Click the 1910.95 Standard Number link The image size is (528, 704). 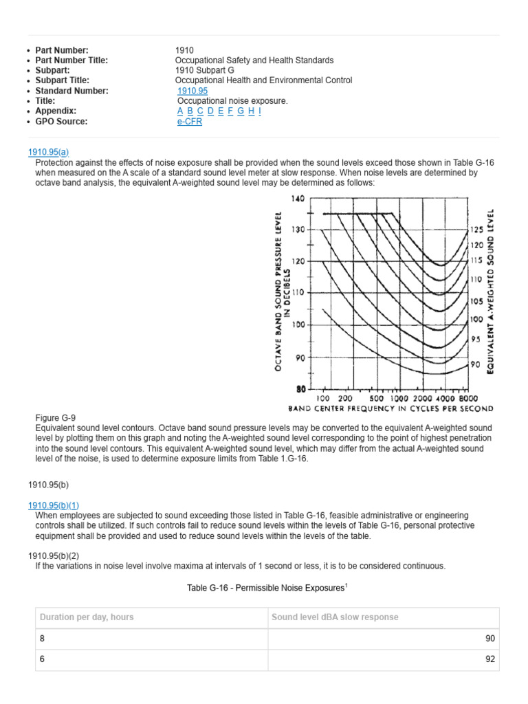point(192,91)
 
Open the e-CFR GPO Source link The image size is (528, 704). point(190,122)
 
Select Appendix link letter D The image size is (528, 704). point(210,111)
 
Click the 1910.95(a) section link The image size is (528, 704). point(48,152)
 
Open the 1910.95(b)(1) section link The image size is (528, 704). point(54,505)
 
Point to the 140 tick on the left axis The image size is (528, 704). point(298,199)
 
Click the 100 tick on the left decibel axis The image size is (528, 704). point(298,324)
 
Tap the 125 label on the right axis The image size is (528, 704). point(476,230)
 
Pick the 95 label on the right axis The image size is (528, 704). point(475,340)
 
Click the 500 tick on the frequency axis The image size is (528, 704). point(376,398)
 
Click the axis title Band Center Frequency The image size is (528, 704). point(390,408)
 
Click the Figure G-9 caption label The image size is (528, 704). point(55,418)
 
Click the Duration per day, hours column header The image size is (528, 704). point(87,617)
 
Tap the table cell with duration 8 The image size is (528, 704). point(43,639)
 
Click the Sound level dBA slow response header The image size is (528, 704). point(335,617)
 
